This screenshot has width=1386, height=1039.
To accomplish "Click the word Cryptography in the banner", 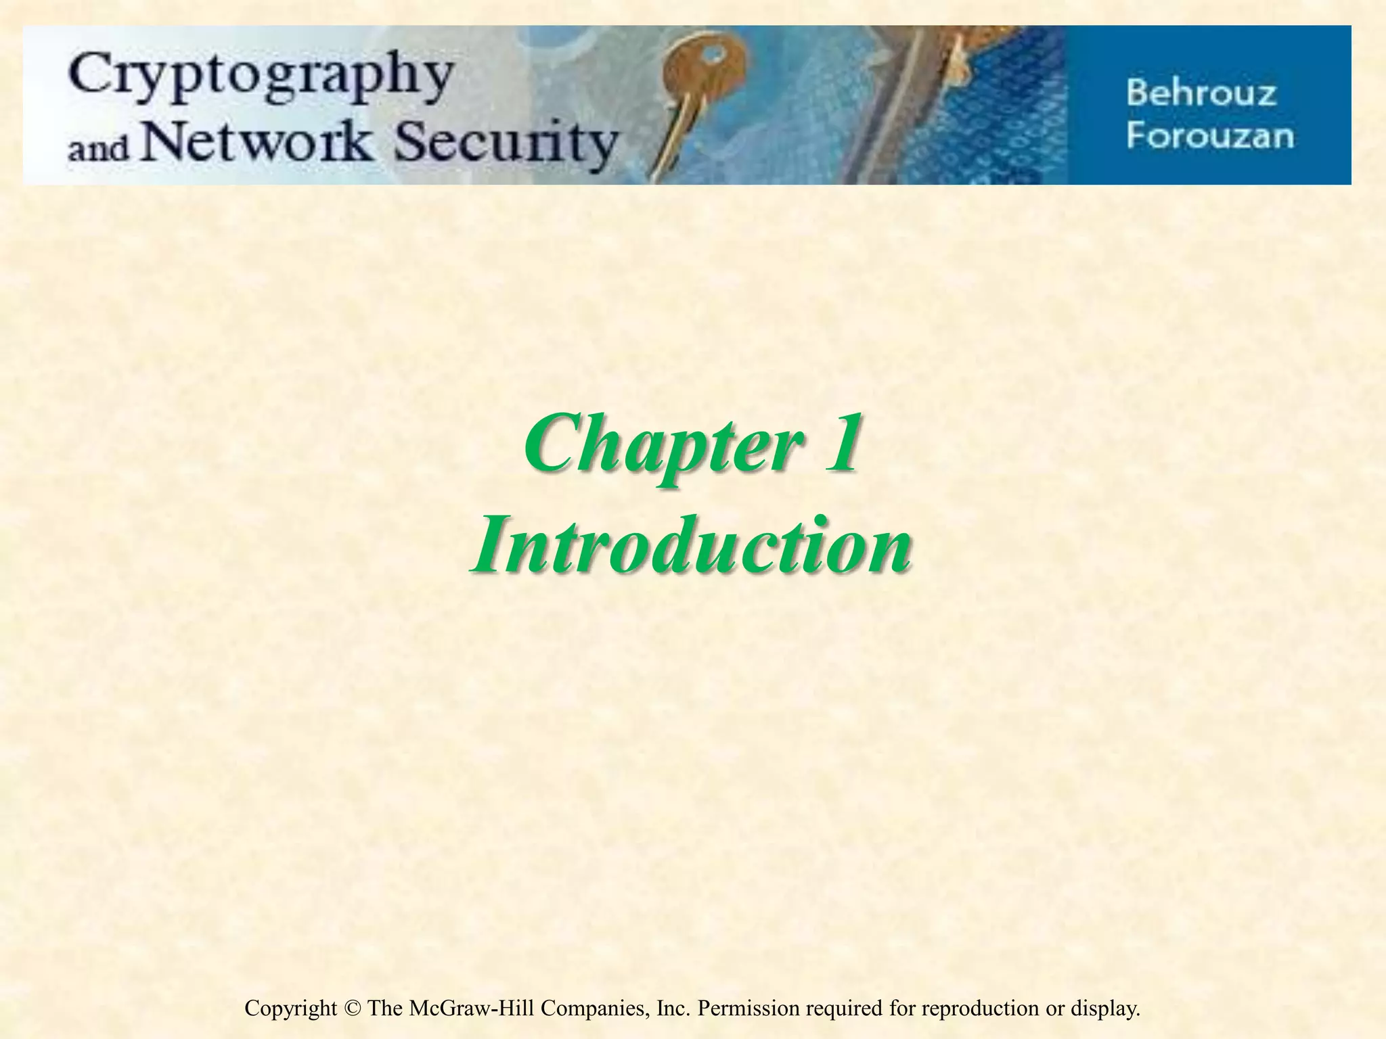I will (261, 78).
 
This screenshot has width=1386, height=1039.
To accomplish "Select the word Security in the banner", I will (506, 144).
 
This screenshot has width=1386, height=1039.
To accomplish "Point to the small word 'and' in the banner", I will (97, 147).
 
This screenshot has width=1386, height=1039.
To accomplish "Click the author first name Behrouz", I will (1201, 93).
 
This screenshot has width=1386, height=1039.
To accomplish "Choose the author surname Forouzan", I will (1210, 135).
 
